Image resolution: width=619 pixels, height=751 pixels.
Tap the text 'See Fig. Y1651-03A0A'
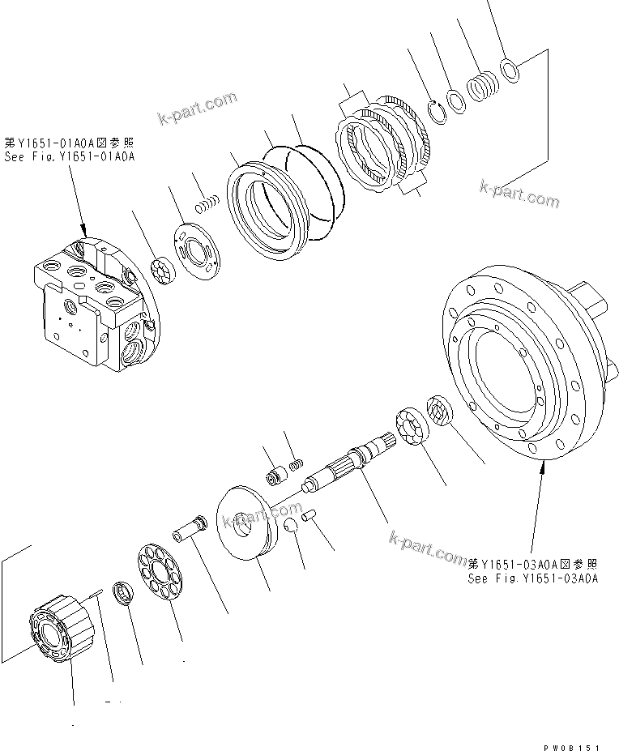(532, 578)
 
